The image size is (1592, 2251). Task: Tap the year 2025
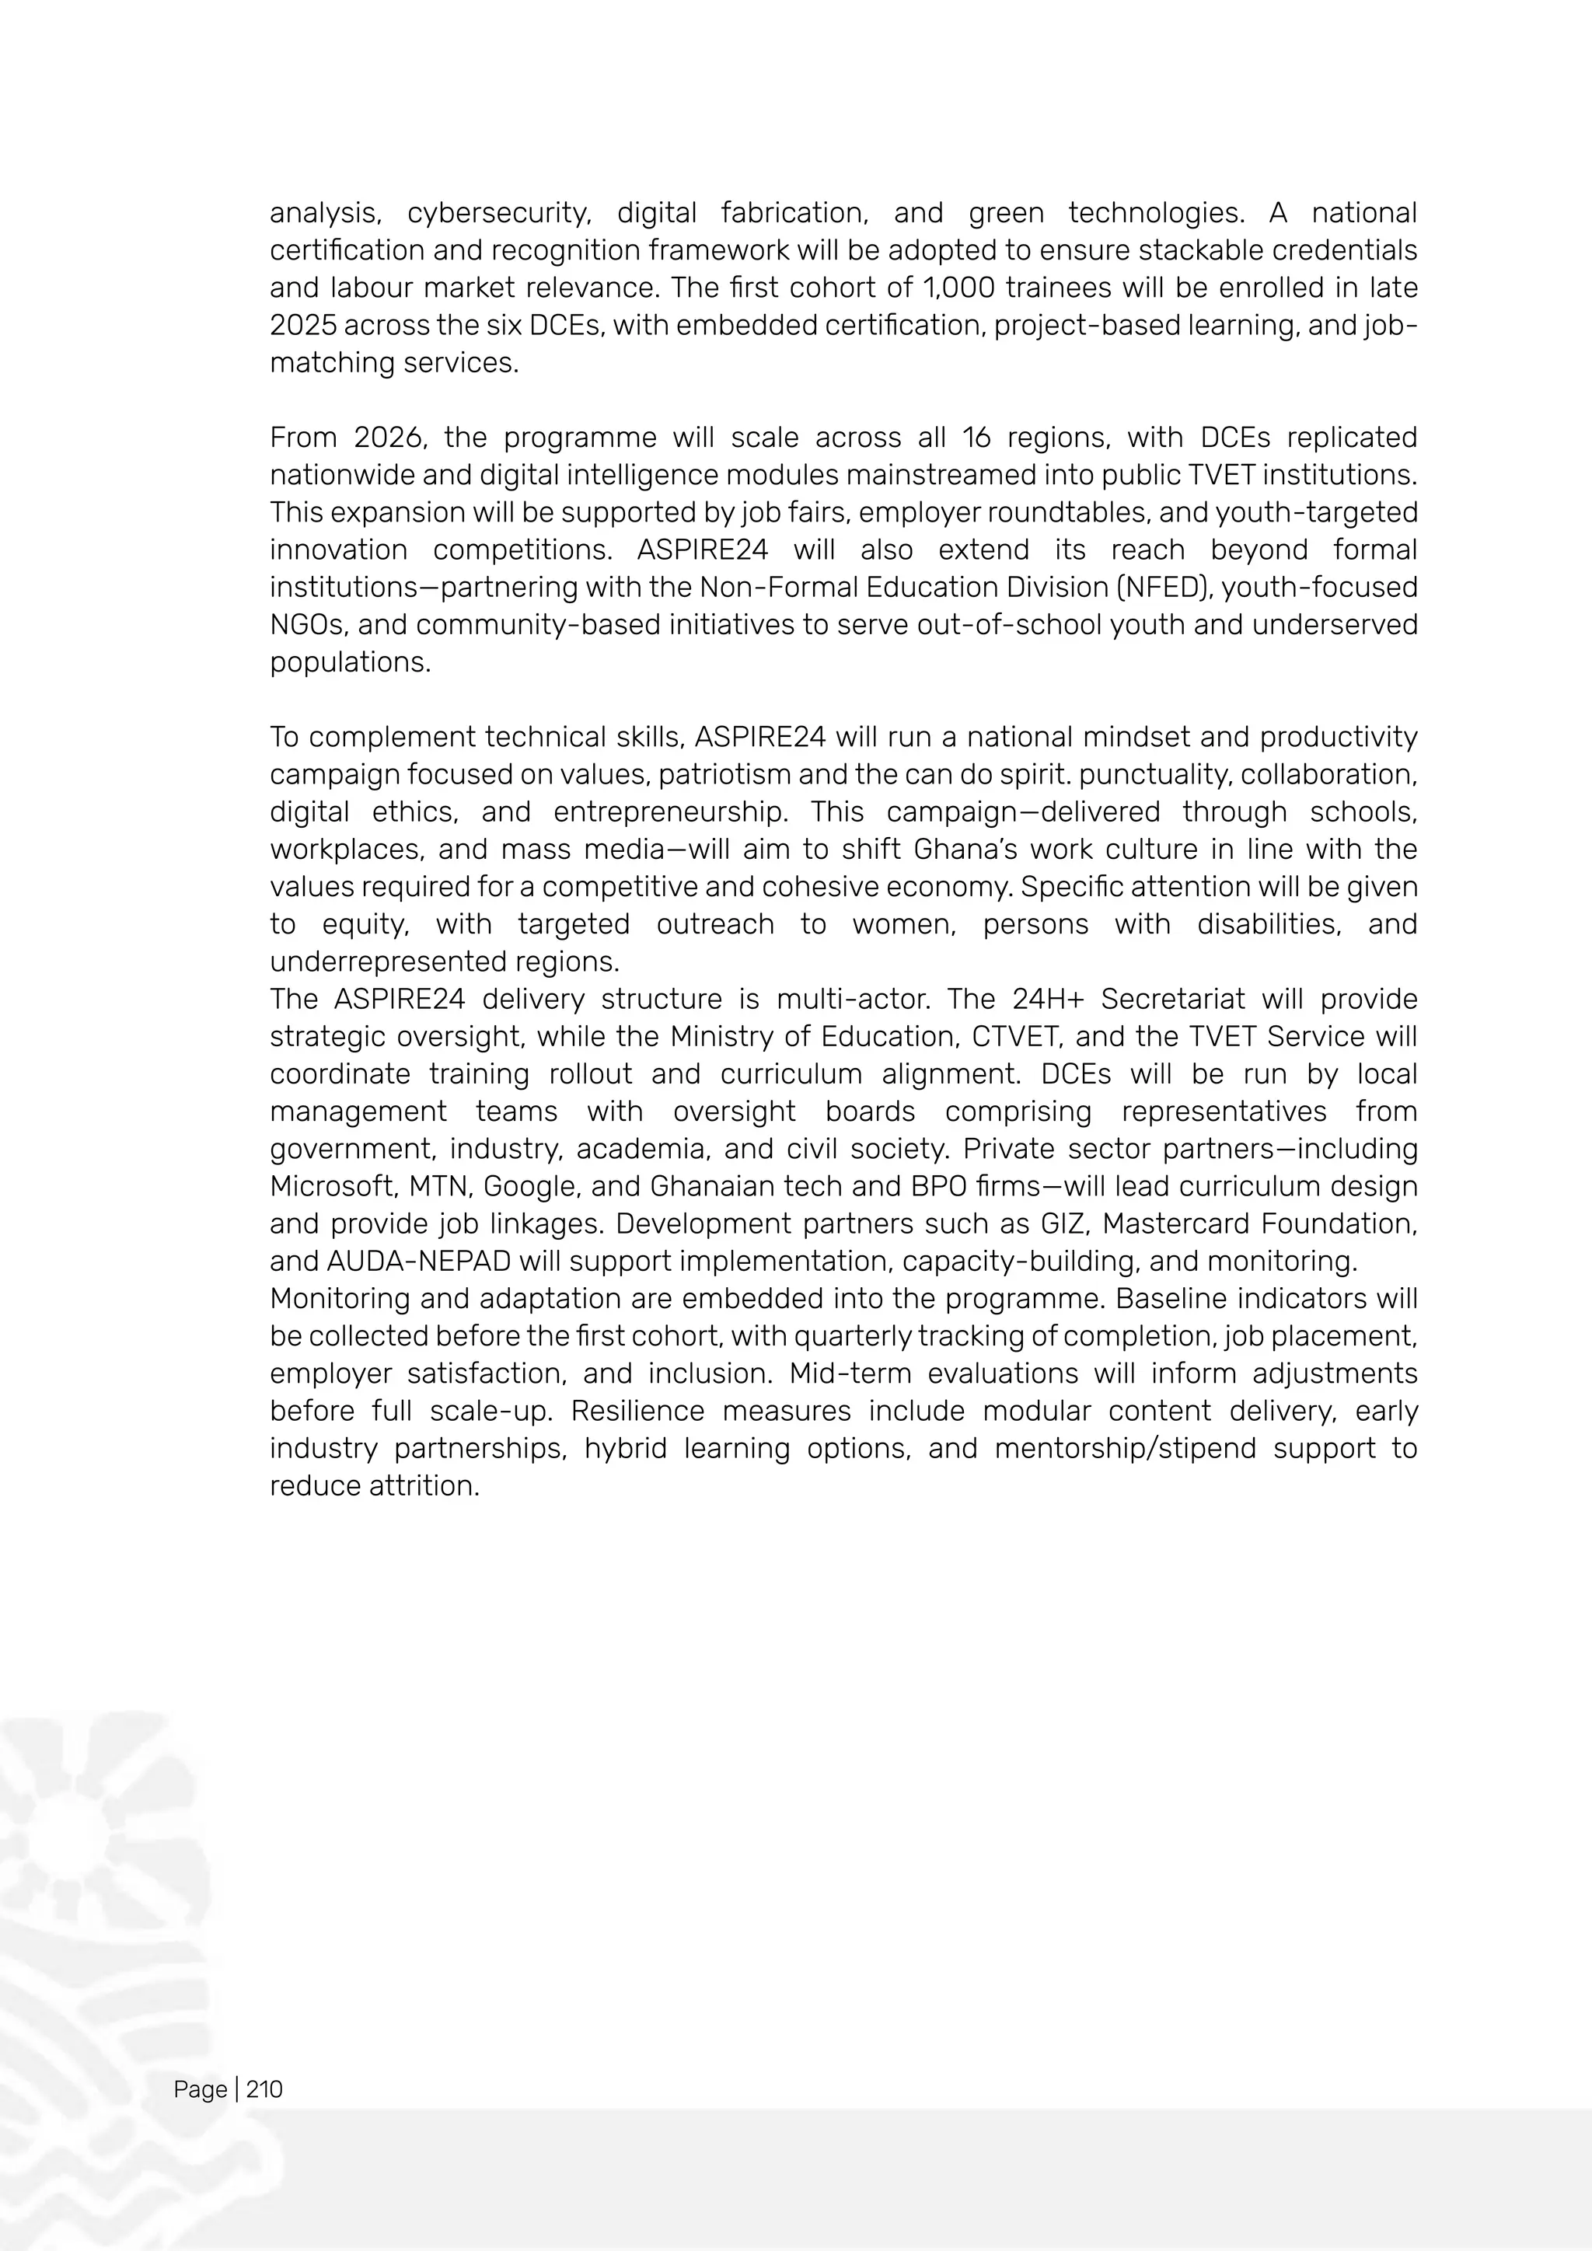click(302, 326)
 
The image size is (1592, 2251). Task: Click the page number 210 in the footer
click(264, 2089)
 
